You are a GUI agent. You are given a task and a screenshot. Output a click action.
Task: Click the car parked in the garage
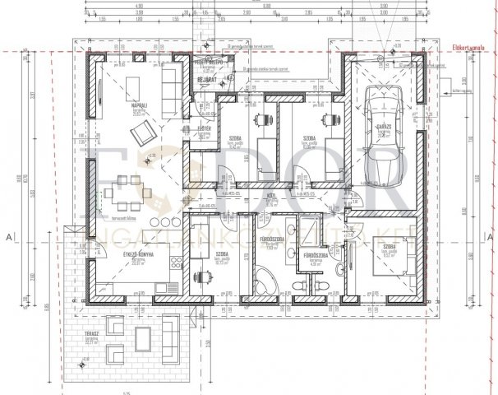[x=380, y=125]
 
